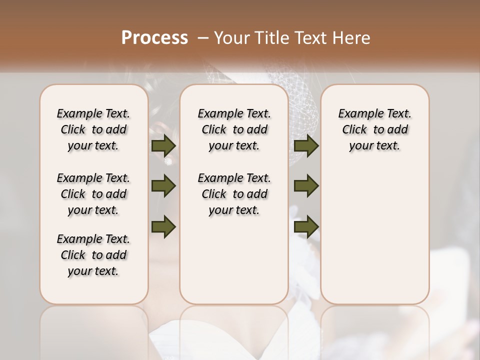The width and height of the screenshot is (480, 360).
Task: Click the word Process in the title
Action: [x=154, y=38]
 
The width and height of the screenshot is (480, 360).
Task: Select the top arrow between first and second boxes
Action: [x=163, y=145]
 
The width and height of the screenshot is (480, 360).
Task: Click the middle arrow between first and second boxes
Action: [x=163, y=186]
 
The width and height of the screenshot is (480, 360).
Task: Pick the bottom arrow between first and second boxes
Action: [x=163, y=226]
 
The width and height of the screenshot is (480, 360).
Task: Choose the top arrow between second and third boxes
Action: [x=306, y=145]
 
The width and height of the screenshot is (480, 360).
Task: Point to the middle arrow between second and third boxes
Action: [x=306, y=186]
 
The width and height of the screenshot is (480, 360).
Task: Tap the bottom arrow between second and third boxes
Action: [x=306, y=226]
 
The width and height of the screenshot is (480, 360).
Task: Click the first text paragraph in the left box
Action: [x=93, y=129]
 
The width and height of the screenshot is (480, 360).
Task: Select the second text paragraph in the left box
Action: [x=93, y=194]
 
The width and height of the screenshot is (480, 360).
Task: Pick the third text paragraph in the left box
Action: [x=93, y=255]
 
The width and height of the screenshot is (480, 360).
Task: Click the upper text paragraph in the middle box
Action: [x=234, y=129]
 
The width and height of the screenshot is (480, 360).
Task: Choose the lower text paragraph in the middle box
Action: [x=234, y=194]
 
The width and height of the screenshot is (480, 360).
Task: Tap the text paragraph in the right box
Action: [x=375, y=129]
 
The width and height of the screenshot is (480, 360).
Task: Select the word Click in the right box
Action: [x=354, y=130]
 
